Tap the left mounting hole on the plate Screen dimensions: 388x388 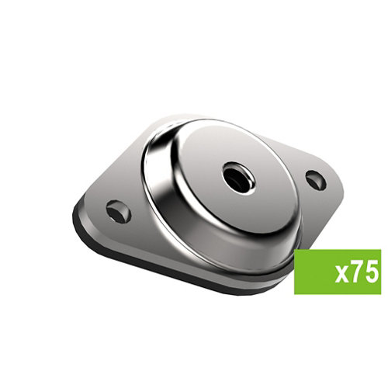click(x=118, y=211)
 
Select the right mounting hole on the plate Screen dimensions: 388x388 click(x=316, y=180)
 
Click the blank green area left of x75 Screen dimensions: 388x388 click(x=313, y=272)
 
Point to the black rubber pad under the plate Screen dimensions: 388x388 click(x=161, y=269)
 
